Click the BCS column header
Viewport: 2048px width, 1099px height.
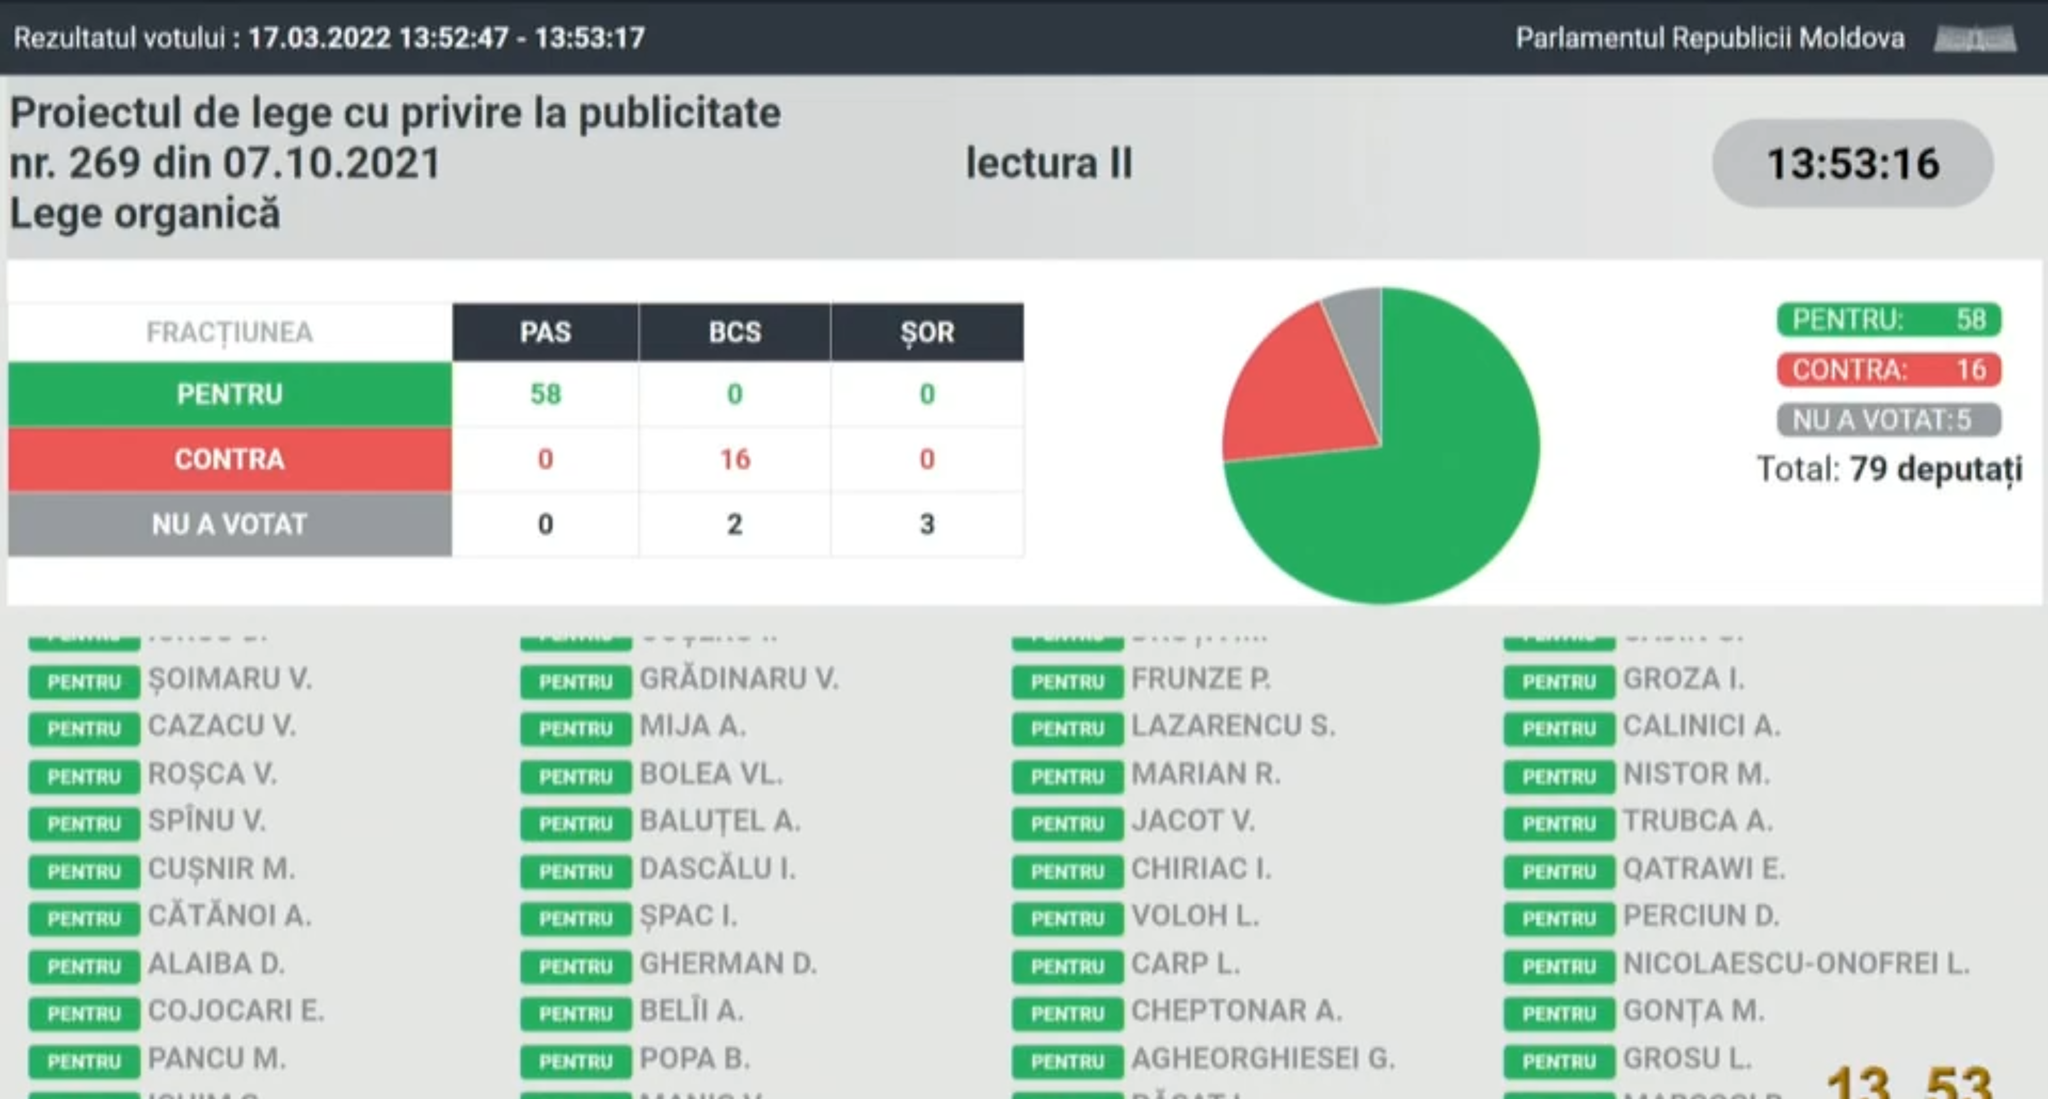[x=734, y=332]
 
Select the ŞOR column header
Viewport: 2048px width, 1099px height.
[x=927, y=332]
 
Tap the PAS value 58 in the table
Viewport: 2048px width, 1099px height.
[x=546, y=394]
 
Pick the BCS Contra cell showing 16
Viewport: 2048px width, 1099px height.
[x=734, y=459]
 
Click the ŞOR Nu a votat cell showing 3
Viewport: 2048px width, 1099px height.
[x=927, y=524]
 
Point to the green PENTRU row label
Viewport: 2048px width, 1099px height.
[x=230, y=394]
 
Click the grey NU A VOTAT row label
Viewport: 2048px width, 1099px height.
[x=230, y=524]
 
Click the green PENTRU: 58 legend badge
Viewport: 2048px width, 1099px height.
[x=1889, y=320]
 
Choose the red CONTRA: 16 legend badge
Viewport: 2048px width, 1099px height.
[x=1889, y=370]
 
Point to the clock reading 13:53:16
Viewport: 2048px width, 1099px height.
[x=1852, y=164]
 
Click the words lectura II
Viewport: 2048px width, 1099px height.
[x=1049, y=164]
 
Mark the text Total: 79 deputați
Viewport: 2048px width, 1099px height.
[x=1889, y=469]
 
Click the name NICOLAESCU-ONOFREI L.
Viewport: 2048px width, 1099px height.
[x=1796, y=964]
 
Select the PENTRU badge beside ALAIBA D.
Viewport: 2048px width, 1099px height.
[x=84, y=966]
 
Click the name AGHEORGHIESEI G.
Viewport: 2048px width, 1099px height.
[x=1262, y=1058]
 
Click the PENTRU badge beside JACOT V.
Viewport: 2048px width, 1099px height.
[x=1067, y=824]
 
